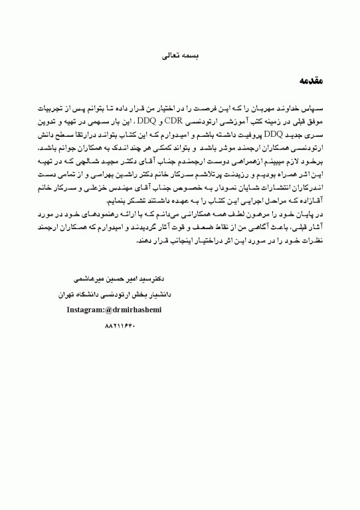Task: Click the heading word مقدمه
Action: pos(309,82)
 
